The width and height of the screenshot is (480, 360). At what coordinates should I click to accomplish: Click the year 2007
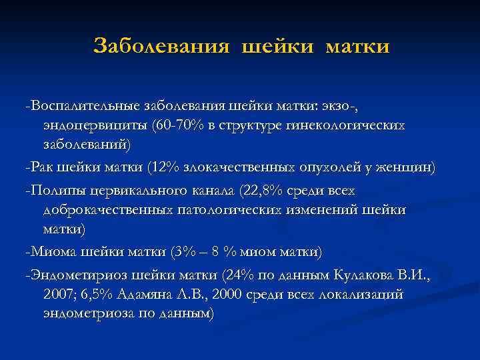[x=59, y=295]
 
